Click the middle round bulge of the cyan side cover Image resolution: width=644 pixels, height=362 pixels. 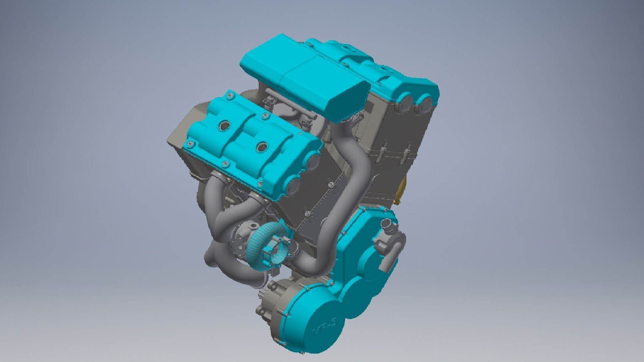[x=356, y=295]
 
